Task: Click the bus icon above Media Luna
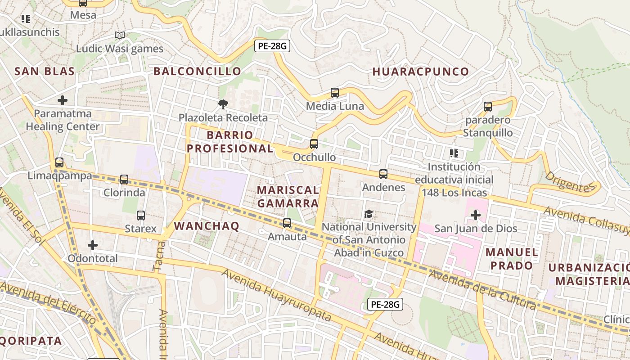tap(334, 93)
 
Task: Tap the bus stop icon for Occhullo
tap(314, 144)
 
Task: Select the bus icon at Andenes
tap(383, 174)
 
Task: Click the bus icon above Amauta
tap(287, 223)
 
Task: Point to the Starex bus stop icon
tap(141, 216)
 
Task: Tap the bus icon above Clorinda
tap(124, 180)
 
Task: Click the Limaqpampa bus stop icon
tap(59, 162)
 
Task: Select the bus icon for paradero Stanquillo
tap(488, 107)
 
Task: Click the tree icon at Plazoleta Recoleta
tap(223, 104)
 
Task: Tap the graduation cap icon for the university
tap(369, 214)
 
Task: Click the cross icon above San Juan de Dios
tap(475, 215)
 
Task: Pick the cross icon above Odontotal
tap(92, 245)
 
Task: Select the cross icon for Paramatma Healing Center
tap(63, 100)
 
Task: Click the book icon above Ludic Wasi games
tap(119, 35)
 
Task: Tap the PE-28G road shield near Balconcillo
tap(272, 45)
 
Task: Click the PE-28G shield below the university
tap(385, 304)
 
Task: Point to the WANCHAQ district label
tap(207, 226)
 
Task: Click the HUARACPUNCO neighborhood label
tap(421, 72)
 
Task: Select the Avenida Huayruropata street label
tap(276, 295)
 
